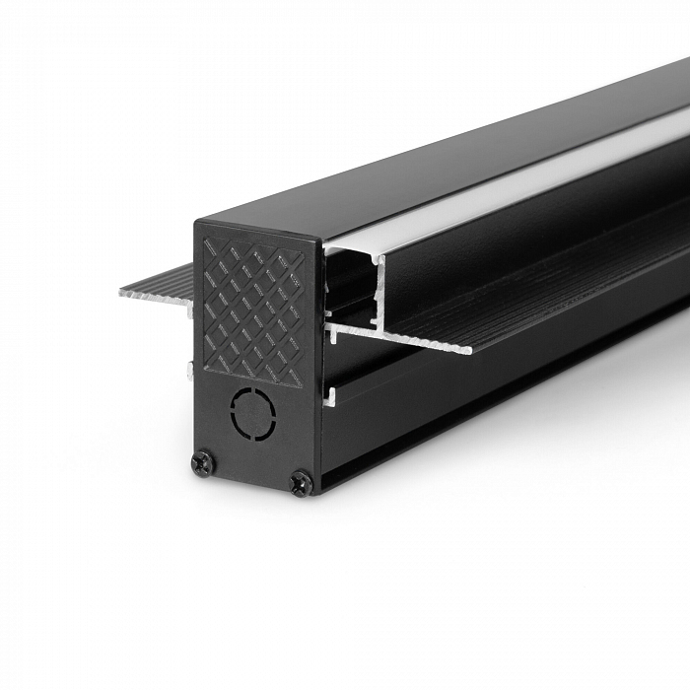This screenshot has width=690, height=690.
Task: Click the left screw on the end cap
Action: click(202, 462)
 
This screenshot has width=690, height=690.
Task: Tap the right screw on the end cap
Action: click(301, 482)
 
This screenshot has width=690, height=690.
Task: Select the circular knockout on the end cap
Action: click(254, 412)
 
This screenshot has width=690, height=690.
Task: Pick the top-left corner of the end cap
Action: click(197, 220)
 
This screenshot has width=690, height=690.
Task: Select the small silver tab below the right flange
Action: click(330, 396)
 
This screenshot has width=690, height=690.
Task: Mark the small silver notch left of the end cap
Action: click(189, 371)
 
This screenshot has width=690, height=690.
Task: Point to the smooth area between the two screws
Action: click(251, 463)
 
